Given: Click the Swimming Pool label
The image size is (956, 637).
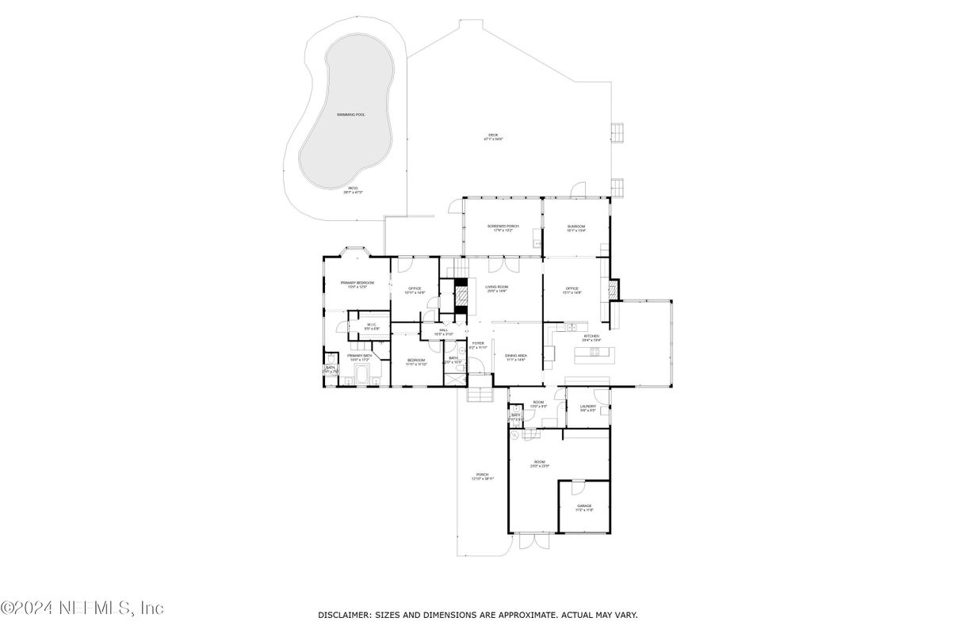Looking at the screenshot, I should [x=350, y=115].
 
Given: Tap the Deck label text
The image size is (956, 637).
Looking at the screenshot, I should [x=493, y=136].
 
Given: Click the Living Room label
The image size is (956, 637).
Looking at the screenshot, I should [x=497, y=288].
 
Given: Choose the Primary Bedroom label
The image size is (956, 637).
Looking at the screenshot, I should [x=357, y=284].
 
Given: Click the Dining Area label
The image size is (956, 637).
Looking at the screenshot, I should [x=516, y=357].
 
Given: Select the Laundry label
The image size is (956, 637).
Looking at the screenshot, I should [x=587, y=407].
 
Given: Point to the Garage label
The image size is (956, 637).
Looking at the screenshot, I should [x=584, y=506].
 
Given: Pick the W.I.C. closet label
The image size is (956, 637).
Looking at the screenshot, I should [x=372, y=326].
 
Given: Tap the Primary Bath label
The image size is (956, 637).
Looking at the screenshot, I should [x=359, y=357].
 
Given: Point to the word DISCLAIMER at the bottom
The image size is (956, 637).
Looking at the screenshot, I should [x=344, y=615].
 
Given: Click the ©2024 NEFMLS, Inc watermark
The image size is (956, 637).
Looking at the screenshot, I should [x=82, y=608].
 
